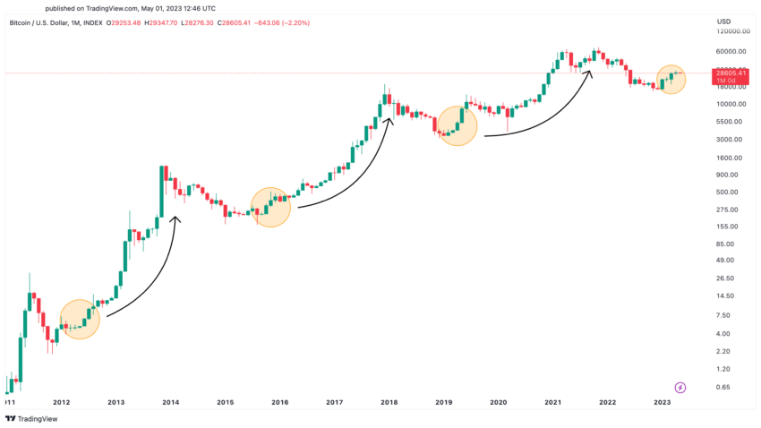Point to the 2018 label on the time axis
(389, 404)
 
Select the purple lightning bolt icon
(680, 387)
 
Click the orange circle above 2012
(80, 319)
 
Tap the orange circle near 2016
(271, 207)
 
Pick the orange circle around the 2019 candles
(457, 126)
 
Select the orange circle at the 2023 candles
(671, 79)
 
